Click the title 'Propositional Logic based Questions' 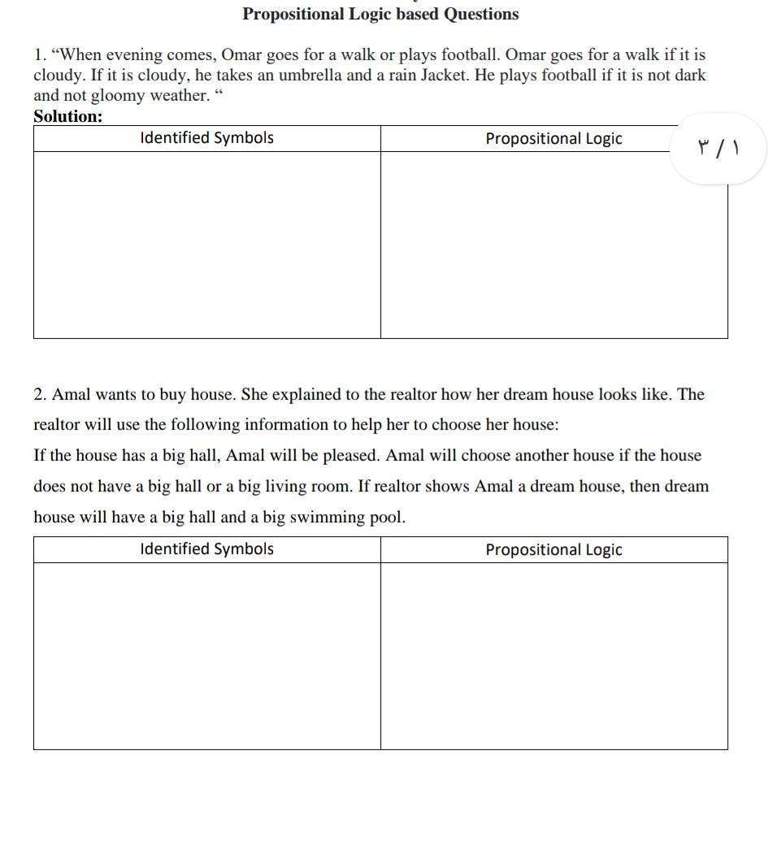(x=380, y=14)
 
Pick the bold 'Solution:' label (x=68, y=116)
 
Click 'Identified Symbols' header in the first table (x=206, y=138)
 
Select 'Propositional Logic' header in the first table (x=553, y=139)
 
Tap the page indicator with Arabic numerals (x=718, y=148)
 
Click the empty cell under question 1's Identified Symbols (x=206, y=244)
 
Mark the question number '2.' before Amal (x=41, y=395)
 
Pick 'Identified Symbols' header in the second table (x=206, y=549)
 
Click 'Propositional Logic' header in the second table (x=553, y=550)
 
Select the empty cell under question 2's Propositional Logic (x=553, y=655)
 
